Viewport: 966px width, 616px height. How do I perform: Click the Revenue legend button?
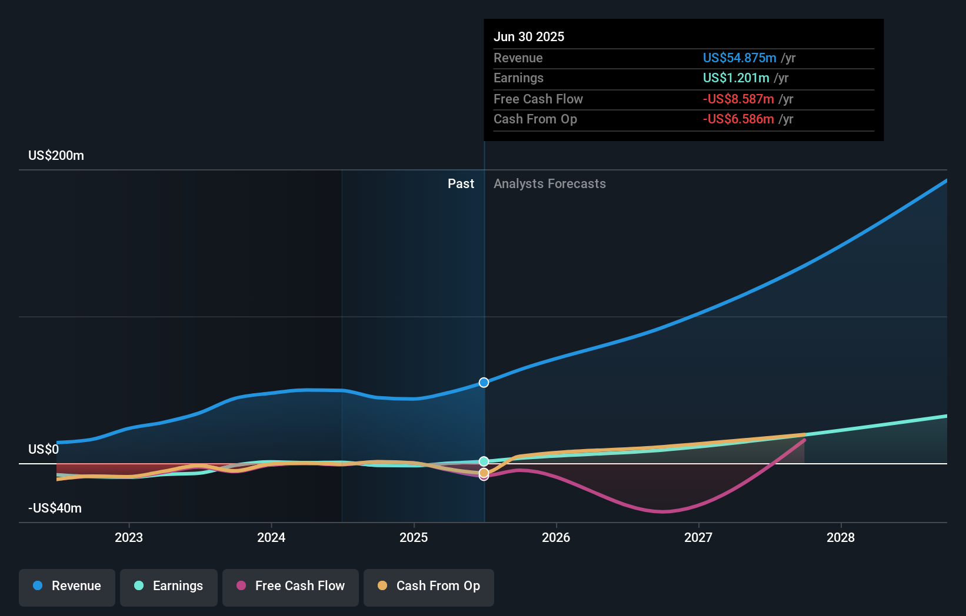point(67,586)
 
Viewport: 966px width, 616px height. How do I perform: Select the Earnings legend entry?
point(169,586)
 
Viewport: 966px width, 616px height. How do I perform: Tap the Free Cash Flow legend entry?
point(291,586)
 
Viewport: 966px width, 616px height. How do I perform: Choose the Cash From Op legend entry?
point(429,586)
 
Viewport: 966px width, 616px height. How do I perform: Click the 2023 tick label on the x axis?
point(129,537)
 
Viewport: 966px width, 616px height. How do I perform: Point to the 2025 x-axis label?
point(414,537)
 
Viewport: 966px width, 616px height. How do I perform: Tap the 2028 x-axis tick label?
point(841,537)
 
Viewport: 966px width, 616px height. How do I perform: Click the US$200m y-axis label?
point(56,156)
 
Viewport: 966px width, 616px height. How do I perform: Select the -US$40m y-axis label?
point(55,508)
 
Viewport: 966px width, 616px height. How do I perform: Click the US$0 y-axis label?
point(44,450)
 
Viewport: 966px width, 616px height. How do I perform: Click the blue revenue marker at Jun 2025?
point(484,383)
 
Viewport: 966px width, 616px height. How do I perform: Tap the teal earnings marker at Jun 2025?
point(484,461)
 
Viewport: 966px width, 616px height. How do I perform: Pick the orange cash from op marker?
point(484,473)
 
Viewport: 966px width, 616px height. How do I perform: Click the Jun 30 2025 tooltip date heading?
point(528,37)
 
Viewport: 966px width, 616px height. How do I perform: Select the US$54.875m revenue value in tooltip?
point(739,58)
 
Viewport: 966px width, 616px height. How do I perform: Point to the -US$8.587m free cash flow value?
point(738,99)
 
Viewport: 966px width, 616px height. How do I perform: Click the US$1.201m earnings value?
point(735,78)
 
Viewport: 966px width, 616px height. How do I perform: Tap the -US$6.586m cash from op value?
point(738,119)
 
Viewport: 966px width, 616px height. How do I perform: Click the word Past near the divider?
point(461,184)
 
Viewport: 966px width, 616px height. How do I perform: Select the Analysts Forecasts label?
point(549,184)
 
